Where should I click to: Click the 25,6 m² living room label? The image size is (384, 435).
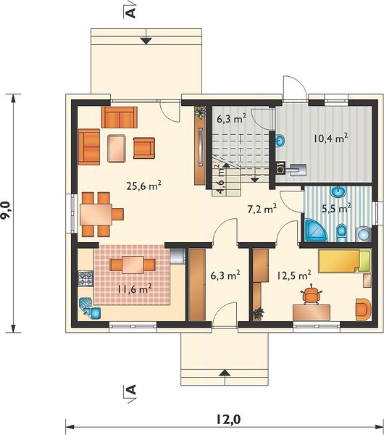144,186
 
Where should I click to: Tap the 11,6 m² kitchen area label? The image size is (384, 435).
135,289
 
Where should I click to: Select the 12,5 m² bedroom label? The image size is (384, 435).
294,275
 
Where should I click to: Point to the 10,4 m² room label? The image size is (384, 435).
331,138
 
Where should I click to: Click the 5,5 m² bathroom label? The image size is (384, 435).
336,208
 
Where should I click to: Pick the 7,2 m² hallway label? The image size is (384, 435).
262,209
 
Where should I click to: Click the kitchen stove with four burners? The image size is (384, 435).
85,279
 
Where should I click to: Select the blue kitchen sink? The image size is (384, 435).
90,308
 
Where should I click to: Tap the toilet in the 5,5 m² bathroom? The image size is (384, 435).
341,233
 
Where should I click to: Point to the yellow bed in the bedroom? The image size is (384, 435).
344,261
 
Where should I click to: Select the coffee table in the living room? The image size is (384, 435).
117,148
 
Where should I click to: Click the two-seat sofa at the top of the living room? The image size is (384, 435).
120,117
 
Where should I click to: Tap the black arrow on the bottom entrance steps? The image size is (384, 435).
225,373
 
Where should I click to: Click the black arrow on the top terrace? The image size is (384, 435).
146,41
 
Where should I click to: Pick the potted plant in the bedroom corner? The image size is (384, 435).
258,313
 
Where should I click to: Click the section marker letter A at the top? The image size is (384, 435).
131,12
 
